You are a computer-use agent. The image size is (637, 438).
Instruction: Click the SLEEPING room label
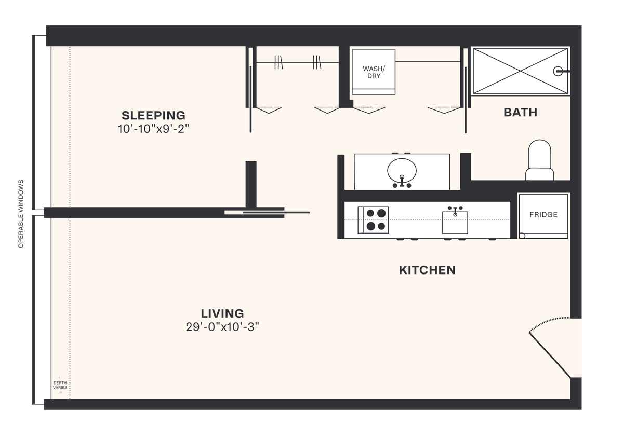(153, 115)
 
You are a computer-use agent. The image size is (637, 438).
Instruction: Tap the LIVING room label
(222, 313)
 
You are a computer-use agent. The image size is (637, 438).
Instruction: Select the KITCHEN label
(427, 270)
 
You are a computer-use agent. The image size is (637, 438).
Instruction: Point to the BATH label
(520, 113)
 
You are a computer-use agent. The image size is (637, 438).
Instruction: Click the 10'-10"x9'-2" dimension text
(153, 129)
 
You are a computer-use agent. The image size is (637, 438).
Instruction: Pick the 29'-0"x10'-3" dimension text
(222, 327)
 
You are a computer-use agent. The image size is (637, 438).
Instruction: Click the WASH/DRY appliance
(373, 72)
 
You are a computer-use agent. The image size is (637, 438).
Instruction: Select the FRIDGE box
(543, 215)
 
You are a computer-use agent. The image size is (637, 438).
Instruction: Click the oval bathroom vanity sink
(402, 169)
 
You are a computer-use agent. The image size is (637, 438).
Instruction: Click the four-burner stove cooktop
(373, 220)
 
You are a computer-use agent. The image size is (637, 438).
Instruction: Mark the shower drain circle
(558, 71)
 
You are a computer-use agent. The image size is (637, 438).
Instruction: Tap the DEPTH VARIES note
(60, 385)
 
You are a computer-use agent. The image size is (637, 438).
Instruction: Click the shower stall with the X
(520, 71)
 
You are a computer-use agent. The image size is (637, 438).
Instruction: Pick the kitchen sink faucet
(455, 210)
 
